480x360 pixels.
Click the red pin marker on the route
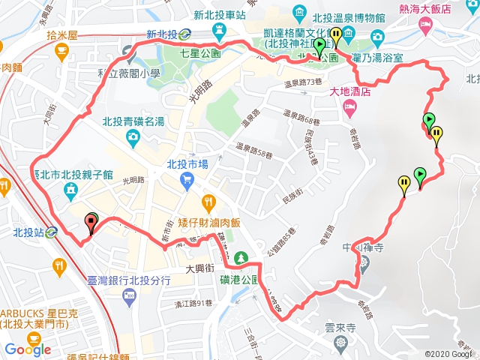click(x=92, y=220)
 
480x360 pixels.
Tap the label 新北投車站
click(x=221, y=14)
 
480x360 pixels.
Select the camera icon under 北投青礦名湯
click(x=133, y=136)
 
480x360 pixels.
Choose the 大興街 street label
click(x=199, y=267)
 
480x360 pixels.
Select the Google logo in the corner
click(x=28, y=349)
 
